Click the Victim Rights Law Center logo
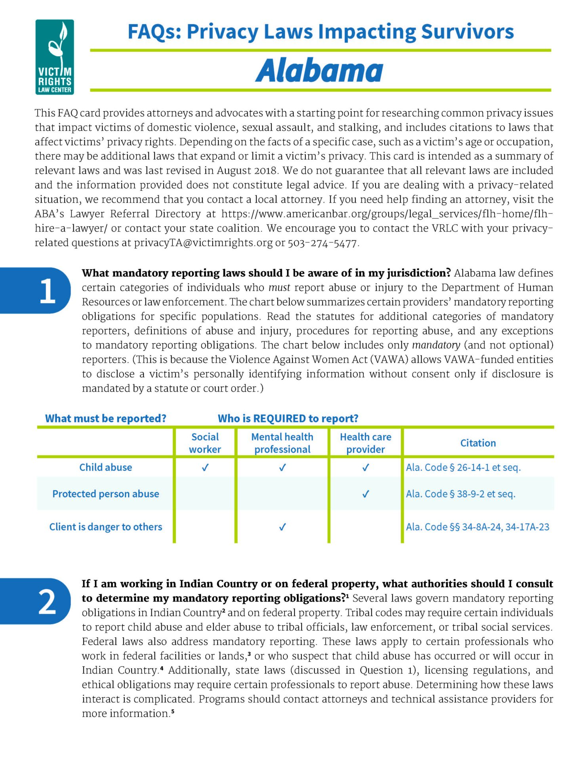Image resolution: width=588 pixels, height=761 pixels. click(55, 57)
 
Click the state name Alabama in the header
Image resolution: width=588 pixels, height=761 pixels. click(319, 71)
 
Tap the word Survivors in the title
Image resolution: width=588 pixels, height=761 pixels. click(467, 32)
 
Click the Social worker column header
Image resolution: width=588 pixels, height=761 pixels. click(205, 443)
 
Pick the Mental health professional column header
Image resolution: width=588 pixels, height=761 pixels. click(282, 443)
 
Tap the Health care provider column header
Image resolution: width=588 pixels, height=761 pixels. click(365, 443)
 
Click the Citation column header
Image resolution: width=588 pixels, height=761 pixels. click(478, 443)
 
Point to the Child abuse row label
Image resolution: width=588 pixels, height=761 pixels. click(105, 467)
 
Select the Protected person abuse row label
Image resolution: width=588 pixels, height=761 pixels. click(105, 494)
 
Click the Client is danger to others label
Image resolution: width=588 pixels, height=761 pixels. click(105, 527)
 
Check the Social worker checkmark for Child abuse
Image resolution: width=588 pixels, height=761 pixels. click(205, 468)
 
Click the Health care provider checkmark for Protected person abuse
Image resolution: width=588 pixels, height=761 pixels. click(365, 494)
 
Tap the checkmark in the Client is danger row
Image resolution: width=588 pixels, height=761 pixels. click(282, 527)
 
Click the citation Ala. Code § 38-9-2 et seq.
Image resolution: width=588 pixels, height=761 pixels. click(460, 494)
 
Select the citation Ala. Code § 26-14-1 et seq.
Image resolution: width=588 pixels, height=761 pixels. click(463, 467)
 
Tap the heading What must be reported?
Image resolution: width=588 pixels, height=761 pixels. click(105, 419)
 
